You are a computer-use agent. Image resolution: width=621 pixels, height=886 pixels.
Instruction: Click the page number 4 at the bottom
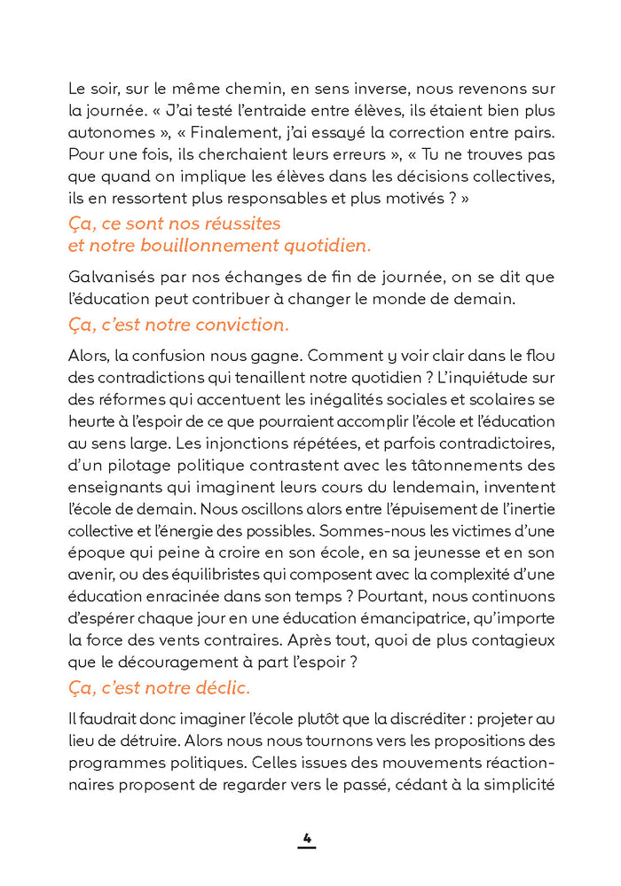[307, 836]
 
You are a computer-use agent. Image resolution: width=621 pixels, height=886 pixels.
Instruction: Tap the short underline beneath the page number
[307, 848]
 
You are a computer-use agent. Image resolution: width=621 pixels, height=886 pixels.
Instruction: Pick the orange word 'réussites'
[235, 223]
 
